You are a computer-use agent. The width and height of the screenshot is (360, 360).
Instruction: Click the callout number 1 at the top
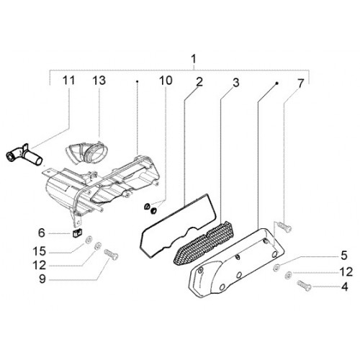(x=194, y=59)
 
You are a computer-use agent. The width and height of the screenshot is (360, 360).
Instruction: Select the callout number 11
(x=68, y=81)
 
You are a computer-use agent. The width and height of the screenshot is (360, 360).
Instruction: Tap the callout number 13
(x=99, y=81)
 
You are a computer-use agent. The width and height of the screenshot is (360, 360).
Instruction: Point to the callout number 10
(x=166, y=81)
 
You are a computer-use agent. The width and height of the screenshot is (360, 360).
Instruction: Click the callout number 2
(x=199, y=82)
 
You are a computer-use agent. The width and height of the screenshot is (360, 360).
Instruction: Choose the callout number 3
(x=236, y=83)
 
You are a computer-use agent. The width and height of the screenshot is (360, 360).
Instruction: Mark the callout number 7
(x=300, y=84)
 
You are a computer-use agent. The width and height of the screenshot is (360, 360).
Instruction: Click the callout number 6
(x=42, y=233)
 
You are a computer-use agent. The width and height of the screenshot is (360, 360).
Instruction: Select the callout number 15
(x=40, y=251)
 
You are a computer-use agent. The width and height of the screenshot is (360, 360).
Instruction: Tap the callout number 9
(x=42, y=279)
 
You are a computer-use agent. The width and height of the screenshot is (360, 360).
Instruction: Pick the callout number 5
(x=344, y=256)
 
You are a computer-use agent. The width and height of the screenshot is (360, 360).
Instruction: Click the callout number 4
(x=345, y=287)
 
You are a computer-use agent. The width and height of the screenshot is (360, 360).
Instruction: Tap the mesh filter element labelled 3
(x=204, y=243)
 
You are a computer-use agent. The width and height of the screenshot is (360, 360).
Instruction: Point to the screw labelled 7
(x=284, y=227)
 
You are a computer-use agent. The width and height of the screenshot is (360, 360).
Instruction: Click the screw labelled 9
(x=111, y=254)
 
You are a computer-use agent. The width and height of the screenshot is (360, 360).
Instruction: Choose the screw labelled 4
(x=304, y=286)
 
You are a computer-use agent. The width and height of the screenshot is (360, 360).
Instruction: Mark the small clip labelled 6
(x=76, y=233)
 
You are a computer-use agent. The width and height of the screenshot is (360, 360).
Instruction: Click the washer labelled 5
(x=276, y=267)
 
